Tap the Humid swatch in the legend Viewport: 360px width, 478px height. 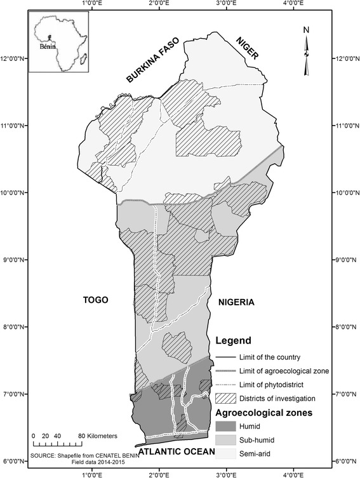[x=226, y=427]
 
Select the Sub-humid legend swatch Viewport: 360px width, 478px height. [x=226, y=440]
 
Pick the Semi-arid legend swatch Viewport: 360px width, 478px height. [x=226, y=453]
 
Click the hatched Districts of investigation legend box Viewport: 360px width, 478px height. [x=226, y=399]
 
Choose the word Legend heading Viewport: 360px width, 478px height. [x=234, y=340]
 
